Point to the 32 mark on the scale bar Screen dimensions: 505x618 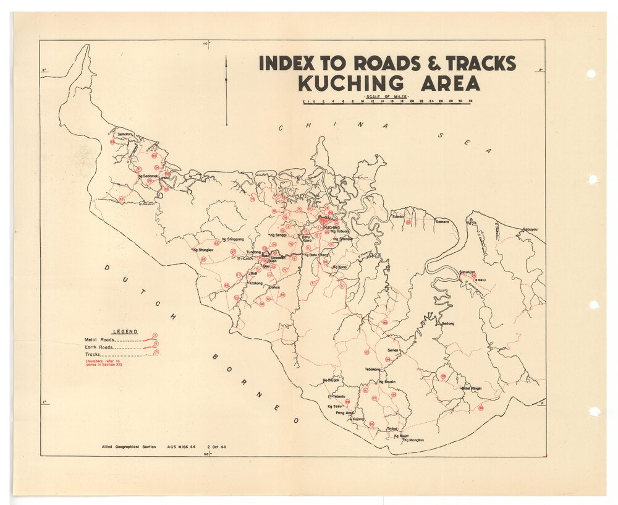471,101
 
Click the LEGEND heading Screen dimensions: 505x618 125,332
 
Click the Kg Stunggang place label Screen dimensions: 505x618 232,239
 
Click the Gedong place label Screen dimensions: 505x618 448,323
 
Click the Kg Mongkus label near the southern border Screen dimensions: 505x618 415,440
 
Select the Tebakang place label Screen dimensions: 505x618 374,370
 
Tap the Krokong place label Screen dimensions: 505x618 255,283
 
